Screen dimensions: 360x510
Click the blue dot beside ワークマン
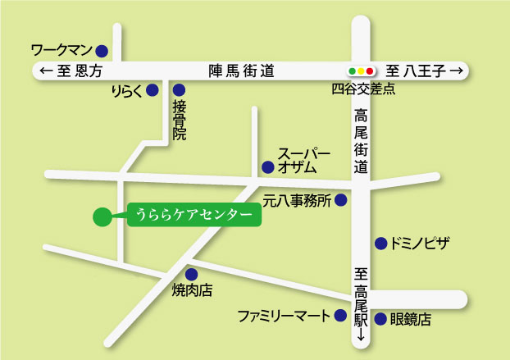pyautogui.click(x=102, y=50)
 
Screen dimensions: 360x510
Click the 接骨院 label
pyautogui.click(x=179, y=121)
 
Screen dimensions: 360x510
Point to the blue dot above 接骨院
pyautogui.click(x=179, y=90)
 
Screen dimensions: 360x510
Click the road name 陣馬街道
pyautogui.click(x=241, y=72)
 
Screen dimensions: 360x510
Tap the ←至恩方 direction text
pyautogui.click(x=71, y=72)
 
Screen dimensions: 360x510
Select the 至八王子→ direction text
pyautogui.click(x=425, y=72)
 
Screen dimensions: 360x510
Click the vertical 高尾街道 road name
pyautogui.click(x=362, y=140)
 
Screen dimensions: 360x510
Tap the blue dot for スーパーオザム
pyautogui.click(x=267, y=167)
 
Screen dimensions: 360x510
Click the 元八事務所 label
pyautogui.click(x=296, y=200)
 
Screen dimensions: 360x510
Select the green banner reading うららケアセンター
pyautogui.click(x=193, y=216)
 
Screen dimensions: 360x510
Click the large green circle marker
pyautogui.click(x=102, y=216)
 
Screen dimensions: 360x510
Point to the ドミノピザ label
pyautogui.click(x=421, y=244)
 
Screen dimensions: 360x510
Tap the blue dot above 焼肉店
pyautogui.click(x=191, y=275)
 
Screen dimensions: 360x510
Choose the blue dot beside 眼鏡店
pyautogui.click(x=380, y=320)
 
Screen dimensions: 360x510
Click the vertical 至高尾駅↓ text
pyautogui.click(x=361, y=304)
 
